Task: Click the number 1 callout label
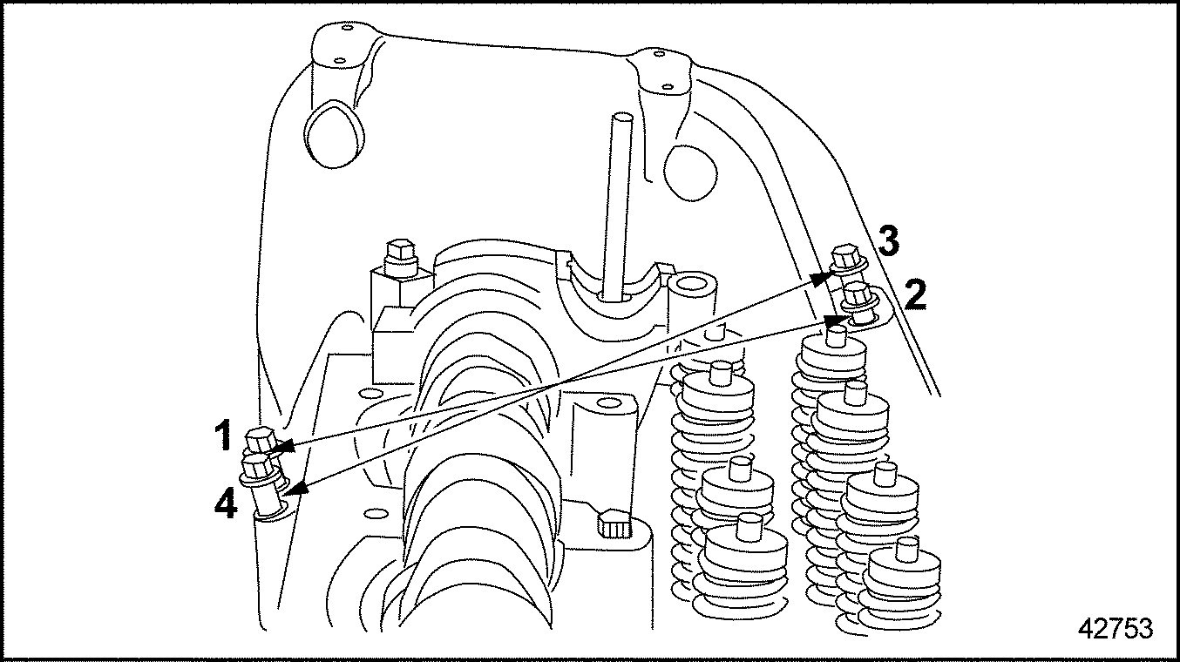tap(224, 436)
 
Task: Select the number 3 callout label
tap(889, 240)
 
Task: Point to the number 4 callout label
tap(226, 503)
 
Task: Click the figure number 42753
tap(1116, 629)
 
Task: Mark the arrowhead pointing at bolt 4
tap(296, 490)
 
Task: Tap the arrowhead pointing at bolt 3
tap(820, 280)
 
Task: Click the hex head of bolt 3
tap(846, 256)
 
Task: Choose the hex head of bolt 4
tap(257, 466)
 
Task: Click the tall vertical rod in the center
tap(616, 206)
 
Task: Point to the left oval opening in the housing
tap(334, 135)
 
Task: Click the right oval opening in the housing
tap(690, 172)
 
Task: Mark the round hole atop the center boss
tap(609, 404)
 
